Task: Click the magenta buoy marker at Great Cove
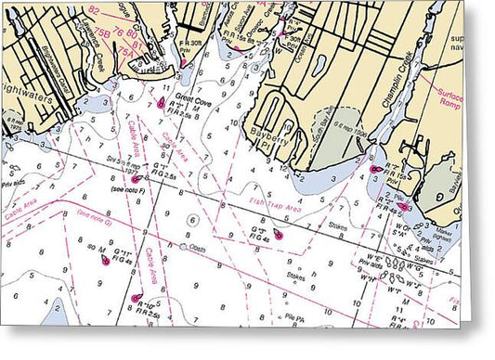point(163,104)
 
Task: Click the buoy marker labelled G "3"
point(277,238)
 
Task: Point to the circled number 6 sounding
point(192,220)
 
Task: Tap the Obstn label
point(196,248)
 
